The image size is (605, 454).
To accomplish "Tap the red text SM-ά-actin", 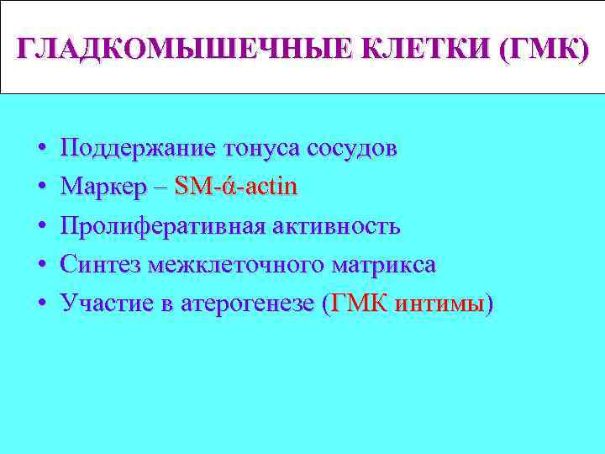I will pos(236,187).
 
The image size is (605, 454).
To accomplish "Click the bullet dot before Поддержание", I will pos(40,150).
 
